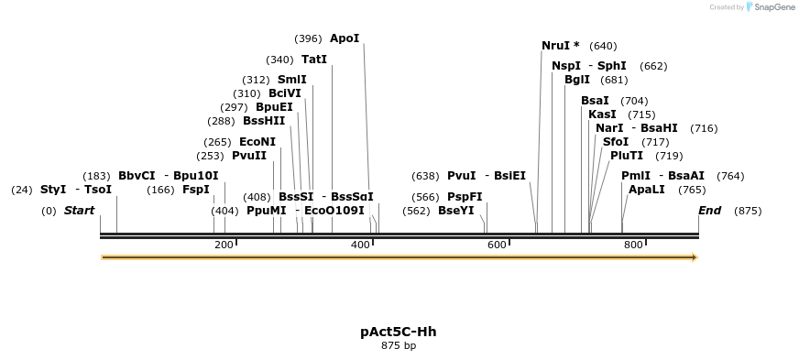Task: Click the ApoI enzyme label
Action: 345,38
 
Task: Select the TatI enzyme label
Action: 314,60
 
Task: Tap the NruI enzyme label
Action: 555,46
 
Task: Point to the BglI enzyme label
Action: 577,80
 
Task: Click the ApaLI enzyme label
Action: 647,190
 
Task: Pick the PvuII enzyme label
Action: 249,156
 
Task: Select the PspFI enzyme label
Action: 465,197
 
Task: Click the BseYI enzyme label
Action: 456,211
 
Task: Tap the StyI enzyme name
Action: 53,190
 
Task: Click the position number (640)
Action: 603,46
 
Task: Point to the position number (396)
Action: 308,38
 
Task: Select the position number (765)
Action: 693,190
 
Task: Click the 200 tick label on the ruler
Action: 222,245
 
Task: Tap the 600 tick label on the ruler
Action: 496,245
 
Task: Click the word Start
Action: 79,211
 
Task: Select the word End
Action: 709,211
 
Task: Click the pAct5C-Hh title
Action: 399,332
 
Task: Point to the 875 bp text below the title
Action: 399,346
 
